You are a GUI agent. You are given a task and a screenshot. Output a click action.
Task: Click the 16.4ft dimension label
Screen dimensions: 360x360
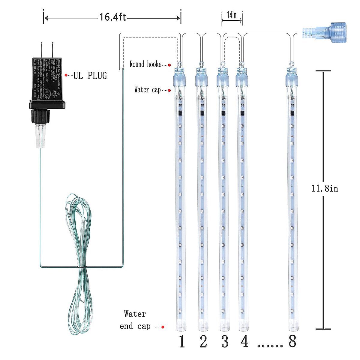112,17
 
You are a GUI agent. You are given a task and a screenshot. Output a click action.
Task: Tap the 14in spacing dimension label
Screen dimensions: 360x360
232,15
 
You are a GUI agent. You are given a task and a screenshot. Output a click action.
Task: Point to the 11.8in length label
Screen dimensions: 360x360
325,188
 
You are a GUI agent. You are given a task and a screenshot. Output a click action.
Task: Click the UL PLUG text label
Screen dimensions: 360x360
90,76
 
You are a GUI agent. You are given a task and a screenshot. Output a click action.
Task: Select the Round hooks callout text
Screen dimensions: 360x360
145,64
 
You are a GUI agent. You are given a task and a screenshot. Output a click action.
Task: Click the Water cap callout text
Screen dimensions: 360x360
147,89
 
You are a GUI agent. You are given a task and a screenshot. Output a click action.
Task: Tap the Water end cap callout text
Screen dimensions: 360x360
135,320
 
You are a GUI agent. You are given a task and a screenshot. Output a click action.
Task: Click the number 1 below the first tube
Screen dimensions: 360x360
182,341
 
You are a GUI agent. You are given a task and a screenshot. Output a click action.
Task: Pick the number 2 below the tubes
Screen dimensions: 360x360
203,341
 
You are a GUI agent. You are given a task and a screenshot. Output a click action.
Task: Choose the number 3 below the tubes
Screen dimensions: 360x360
225,341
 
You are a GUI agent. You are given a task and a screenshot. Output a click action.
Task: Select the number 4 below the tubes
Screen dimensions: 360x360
245,341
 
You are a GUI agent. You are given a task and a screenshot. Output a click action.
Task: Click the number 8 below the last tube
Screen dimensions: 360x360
292,341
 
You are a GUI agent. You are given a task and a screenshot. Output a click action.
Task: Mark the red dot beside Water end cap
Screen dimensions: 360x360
163,327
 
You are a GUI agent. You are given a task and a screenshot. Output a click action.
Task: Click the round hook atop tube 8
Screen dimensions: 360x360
291,64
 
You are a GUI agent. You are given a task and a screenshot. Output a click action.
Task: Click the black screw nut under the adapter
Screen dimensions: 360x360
40,116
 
